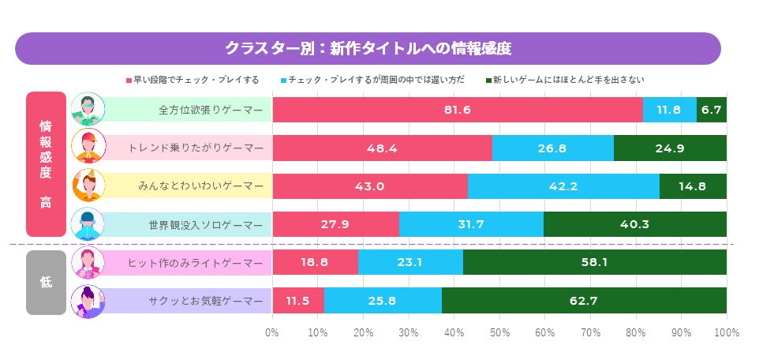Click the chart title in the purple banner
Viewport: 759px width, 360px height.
368,48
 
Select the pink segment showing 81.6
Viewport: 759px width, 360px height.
458,110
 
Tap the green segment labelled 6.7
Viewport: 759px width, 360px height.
712,110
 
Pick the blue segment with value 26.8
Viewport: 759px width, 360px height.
552,148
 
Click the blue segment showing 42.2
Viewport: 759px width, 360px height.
563,186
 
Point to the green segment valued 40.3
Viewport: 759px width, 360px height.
634,224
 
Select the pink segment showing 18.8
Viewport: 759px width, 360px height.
315,262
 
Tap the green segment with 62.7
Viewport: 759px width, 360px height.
584,300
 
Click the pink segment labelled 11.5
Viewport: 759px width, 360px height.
298,300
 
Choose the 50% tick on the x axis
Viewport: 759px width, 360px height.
499,332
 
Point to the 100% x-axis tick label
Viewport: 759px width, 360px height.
726,332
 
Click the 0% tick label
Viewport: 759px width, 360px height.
273,332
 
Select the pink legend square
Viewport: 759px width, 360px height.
129,81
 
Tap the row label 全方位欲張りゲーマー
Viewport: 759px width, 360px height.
211,110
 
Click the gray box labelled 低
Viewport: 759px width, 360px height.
46,282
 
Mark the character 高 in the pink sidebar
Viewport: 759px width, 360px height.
46,202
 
